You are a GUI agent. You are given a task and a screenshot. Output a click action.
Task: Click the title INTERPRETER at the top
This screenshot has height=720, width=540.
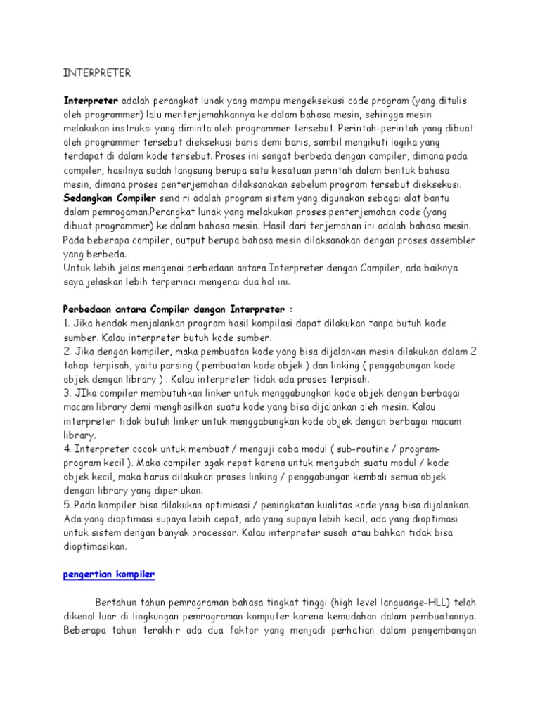pyautogui.click(x=97, y=72)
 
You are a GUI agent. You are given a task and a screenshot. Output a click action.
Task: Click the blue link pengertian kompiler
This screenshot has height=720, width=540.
pyautogui.click(x=109, y=574)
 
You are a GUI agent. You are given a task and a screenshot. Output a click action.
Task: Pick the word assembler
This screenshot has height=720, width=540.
pyautogui.click(x=451, y=240)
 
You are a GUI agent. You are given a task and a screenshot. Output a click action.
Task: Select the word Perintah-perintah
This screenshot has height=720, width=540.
pyautogui.click(x=384, y=129)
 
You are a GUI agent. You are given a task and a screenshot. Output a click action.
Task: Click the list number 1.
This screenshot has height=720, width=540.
pyautogui.click(x=67, y=323)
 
